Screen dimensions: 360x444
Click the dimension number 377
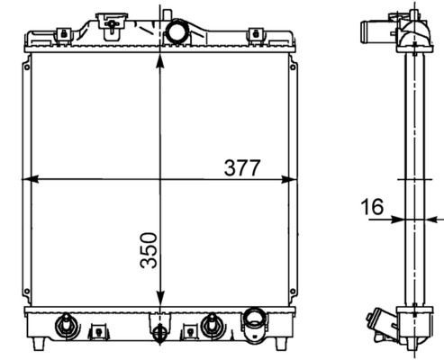coord(242,167)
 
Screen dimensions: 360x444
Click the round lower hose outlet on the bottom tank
coord(254,320)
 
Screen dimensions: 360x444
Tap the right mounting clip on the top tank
coord(257,34)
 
